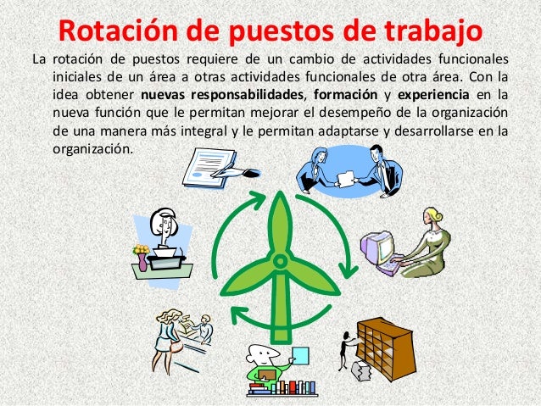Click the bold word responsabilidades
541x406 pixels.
coord(224,94)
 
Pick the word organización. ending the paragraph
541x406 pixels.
coord(92,147)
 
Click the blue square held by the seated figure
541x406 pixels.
coord(299,352)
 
